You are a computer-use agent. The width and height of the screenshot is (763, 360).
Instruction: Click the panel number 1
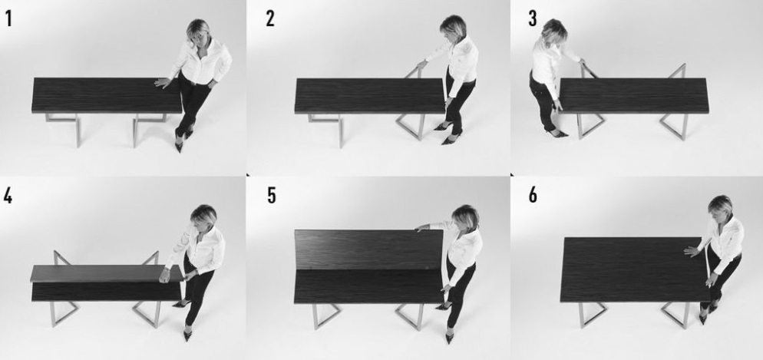point(8,18)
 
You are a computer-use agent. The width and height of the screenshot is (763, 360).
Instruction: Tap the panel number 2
point(270,18)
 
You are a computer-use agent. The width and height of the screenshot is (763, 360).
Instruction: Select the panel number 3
point(533,18)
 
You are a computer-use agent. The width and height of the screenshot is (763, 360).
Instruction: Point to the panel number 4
point(8,195)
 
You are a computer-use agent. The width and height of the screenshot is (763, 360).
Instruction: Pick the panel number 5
point(271,195)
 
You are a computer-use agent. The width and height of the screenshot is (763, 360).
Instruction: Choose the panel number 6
point(533,195)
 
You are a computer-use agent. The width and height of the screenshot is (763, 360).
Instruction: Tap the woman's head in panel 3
point(554,31)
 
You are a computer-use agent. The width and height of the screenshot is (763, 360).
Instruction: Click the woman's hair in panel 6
point(720,205)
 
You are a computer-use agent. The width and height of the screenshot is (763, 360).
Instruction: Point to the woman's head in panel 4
point(203,217)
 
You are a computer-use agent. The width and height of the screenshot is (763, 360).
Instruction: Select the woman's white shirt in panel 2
point(456,63)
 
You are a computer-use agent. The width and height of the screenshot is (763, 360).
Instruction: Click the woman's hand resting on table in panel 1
point(163,83)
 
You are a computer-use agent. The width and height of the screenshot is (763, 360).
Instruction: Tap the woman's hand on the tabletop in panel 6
point(692,251)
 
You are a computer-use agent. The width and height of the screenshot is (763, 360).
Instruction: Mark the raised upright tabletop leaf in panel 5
point(368,249)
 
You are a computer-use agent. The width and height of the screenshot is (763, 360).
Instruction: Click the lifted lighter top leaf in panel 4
point(106,273)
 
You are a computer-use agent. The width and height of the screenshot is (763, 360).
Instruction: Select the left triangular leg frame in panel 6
point(591,314)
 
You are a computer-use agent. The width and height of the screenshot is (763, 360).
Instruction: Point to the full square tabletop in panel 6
point(635,269)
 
